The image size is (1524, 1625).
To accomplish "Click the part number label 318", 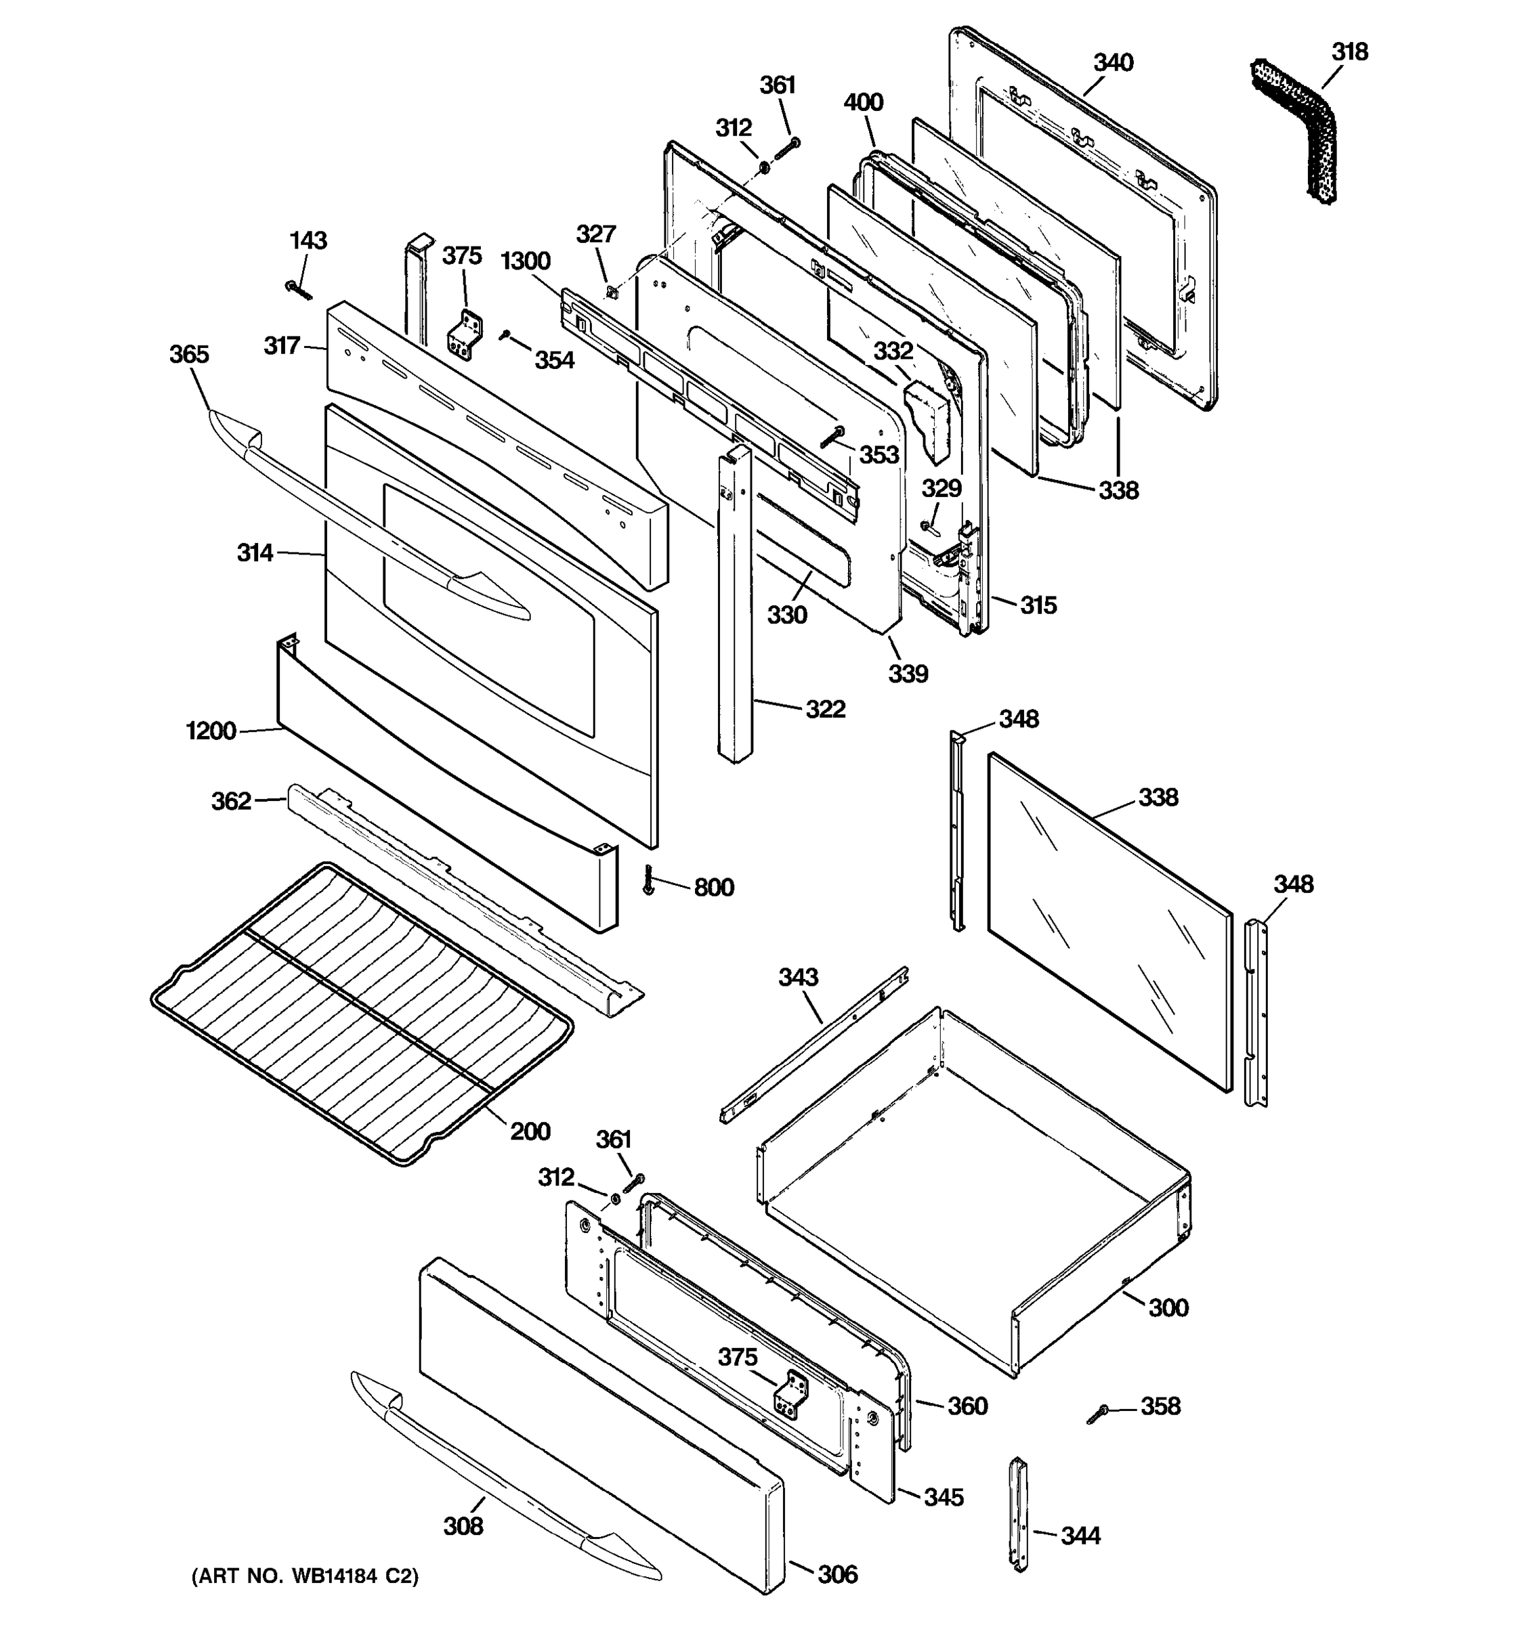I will (x=1349, y=52).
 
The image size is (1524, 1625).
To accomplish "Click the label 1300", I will (x=525, y=261).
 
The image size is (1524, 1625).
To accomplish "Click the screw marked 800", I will (x=649, y=880).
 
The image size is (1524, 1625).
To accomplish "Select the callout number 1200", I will (x=211, y=731).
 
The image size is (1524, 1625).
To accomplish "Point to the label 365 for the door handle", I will (x=189, y=355).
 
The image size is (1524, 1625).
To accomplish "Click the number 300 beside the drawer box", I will (x=1168, y=1308).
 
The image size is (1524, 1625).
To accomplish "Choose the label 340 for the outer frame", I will (x=1114, y=63).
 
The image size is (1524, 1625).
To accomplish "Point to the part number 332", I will (x=893, y=351).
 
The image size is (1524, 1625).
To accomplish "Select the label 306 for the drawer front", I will (x=837, y=1574).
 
